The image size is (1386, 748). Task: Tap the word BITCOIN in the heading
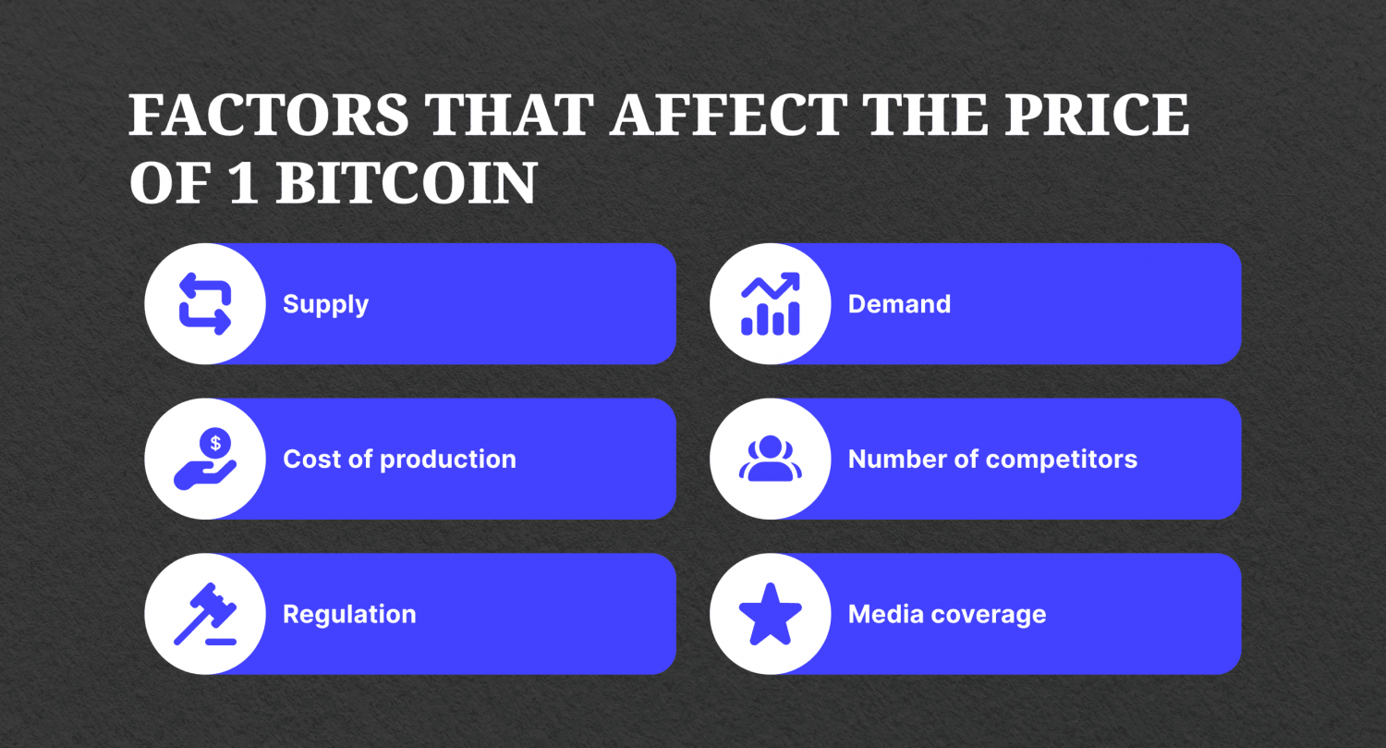coord(406,183)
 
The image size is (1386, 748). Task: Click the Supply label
coord(325,304)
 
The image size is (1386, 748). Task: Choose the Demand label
coord(899,304)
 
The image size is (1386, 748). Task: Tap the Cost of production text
coord(399,460)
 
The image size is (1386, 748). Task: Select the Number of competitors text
coord(992,460)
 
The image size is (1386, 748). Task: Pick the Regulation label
coord(349,615)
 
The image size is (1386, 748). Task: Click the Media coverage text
coord(947,615)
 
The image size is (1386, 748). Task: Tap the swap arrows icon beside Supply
coord(205,304)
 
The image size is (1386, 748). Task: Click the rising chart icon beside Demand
coord(771,304)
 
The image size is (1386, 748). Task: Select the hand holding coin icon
coord(205,460)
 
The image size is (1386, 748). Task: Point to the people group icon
coord(771,459)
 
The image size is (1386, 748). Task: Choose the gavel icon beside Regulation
coord(205,614)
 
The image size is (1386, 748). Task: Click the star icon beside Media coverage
coord(771,614)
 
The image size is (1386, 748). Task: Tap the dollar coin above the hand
coord(215,443)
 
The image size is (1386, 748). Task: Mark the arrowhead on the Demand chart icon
coord(791,281)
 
